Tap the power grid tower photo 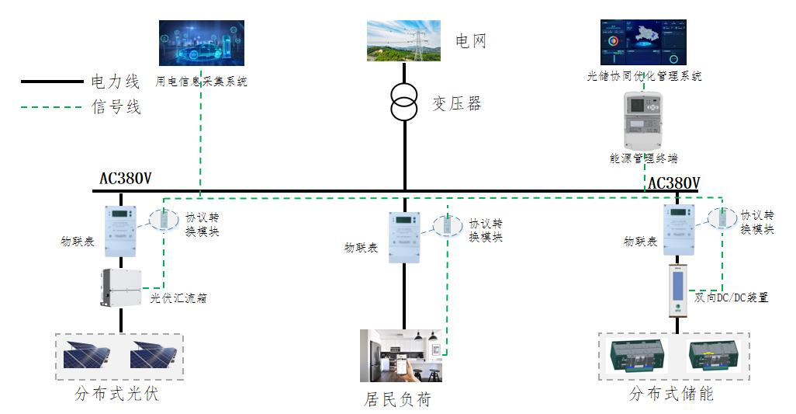click(403, 40)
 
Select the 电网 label click(470, 41)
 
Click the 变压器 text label click(456, 103)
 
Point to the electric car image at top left click(202, 43)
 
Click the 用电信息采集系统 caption click(202, 81)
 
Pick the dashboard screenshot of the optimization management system click(643, 43)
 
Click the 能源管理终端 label click(644, 158)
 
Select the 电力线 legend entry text click(116, 81)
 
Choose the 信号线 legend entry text click(116, 107)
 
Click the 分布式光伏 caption click(116, 394)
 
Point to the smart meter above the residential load click(404, 236)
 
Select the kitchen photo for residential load click(401, 356)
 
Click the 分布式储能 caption click(671, 394)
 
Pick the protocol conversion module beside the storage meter click(720, 220)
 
